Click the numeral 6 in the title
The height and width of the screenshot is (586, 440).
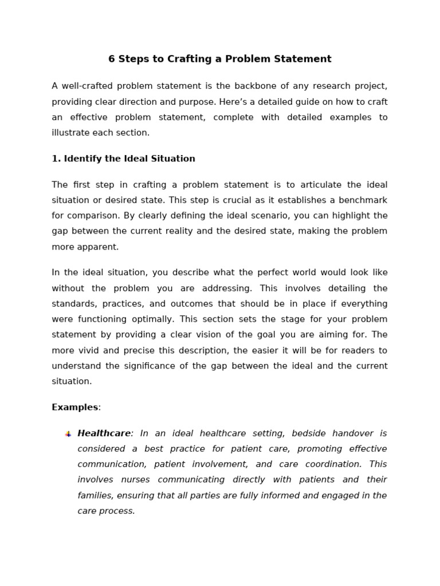[x=112, y=59]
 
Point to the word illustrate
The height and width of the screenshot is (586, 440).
[x=71, y=133]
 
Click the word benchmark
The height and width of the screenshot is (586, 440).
[x=360, y=200]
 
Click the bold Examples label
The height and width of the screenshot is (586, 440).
[x=74, y=407]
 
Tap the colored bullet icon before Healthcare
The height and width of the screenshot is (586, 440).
[x=68, y=434]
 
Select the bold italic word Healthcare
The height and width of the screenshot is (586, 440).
[x=104, y=433]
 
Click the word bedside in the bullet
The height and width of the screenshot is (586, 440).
[x=311, y=433]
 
